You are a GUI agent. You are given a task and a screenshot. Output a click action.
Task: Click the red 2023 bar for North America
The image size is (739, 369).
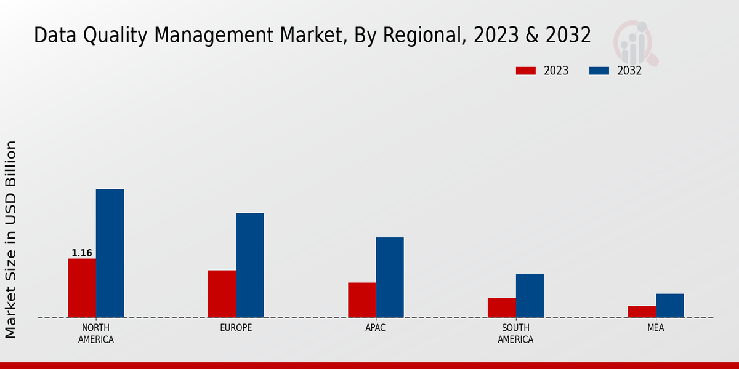pos(82,288)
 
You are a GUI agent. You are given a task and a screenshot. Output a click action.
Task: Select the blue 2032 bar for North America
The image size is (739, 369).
pos(110,253)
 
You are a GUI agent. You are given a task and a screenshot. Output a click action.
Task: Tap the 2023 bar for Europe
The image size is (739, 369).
pos(222,294)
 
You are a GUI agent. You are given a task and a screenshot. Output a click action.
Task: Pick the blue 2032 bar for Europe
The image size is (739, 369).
pos(249,265)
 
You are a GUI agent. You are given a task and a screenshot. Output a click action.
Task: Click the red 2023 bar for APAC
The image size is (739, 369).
pos(361,300)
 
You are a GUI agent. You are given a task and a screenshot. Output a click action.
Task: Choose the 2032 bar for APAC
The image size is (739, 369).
pos(390,277)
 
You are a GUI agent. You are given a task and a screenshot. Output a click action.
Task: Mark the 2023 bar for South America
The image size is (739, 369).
pos(501,307)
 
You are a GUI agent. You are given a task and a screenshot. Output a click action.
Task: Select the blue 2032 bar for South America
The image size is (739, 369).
pos(530,295)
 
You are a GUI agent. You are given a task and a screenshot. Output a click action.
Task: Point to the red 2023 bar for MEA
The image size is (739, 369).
pos(641,312)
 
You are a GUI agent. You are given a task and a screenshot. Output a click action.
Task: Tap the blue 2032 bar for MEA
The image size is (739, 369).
pos(669,306)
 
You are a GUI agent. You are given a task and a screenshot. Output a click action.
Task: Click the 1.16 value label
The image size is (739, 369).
pos(82,253)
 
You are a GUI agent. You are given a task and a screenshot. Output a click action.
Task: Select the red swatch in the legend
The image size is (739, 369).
pos(525,71)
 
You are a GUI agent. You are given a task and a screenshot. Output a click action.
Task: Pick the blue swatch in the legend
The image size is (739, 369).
pos(599,71)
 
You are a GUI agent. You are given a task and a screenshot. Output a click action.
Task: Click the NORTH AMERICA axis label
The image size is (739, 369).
pos(96,333)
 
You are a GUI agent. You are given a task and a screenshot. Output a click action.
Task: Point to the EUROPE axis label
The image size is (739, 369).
pos(236,328)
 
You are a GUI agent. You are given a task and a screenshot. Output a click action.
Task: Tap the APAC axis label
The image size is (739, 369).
pos(376,328)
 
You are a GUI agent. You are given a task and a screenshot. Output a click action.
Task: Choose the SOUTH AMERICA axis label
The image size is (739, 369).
pos(515,333)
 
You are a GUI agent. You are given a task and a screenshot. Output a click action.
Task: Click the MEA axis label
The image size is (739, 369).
pos(655,328)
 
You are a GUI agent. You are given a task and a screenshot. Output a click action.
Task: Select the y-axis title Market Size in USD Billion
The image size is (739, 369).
pos(12,239)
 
